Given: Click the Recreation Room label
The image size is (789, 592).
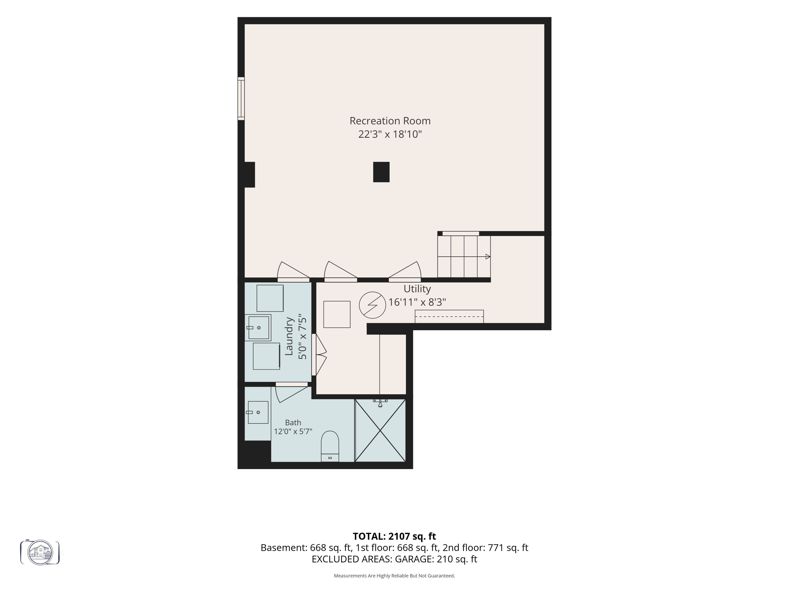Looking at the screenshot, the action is (390, 121).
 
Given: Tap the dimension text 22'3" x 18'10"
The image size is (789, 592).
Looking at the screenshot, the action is (390, 134).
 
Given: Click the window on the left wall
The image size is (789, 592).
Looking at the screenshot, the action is (241, 98).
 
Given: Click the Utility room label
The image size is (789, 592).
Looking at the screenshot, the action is (417, 289).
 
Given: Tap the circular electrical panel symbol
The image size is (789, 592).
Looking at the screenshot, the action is (372, 305).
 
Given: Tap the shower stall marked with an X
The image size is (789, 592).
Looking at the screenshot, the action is (380, 430).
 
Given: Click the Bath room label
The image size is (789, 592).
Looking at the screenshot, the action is (293, 422).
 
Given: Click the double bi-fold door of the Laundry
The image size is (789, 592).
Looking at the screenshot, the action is (319, 355).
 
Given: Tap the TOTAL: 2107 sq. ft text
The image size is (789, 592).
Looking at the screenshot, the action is (394, 536).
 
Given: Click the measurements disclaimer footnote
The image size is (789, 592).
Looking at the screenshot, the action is (394, 576).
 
